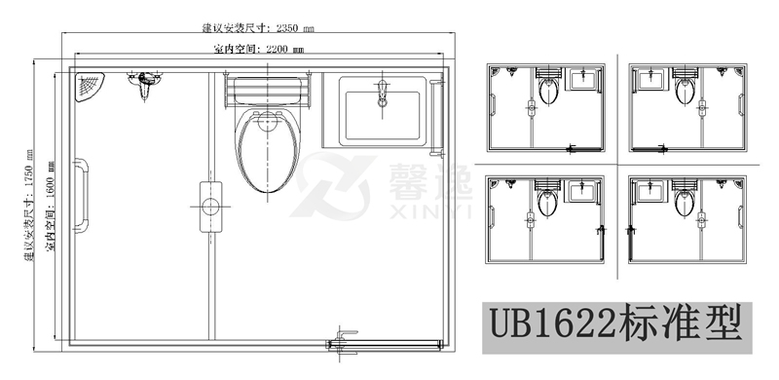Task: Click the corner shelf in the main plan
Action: (x=91, y=86)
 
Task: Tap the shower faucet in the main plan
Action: (x=144, y=84)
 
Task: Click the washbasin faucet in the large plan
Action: (x=383, y=94)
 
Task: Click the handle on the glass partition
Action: (x=208, y=200)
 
